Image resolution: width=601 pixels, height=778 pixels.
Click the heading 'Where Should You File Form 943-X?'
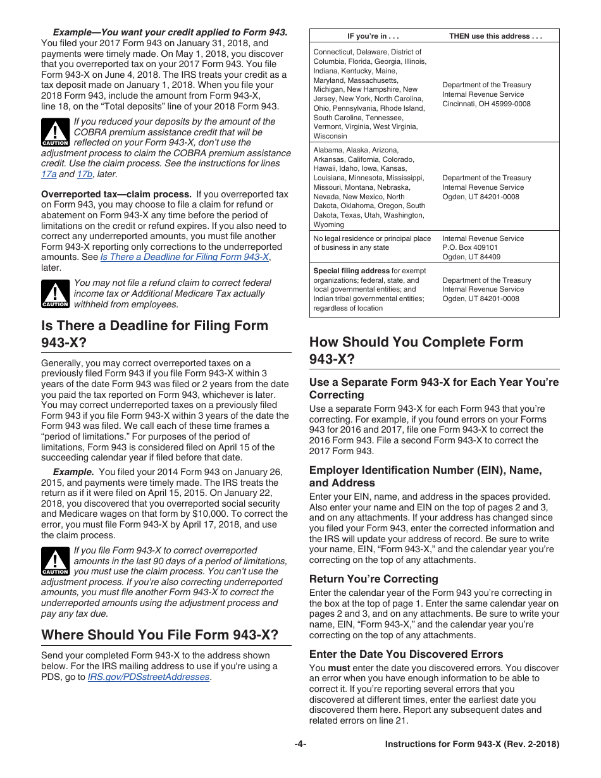[159, 634]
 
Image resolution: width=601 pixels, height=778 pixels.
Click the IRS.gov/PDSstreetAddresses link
[148, 677]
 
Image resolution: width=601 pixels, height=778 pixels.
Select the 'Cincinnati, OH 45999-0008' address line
[486, 104]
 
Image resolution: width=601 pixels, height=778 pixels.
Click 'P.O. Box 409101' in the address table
[469, 248]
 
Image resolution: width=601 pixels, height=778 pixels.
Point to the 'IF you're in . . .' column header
[373, 36]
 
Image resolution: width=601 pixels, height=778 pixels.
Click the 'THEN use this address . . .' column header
[495, 36]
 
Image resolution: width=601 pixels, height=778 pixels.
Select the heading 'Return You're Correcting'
[373, 579]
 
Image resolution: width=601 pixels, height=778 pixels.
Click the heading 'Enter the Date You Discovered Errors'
[406, 654]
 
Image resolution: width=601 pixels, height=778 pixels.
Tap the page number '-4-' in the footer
[300, 744]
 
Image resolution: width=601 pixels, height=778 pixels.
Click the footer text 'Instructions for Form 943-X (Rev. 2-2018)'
[472, 744]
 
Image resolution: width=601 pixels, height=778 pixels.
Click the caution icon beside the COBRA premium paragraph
[55, 133]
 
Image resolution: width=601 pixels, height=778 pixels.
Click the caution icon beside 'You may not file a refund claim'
[55, 294]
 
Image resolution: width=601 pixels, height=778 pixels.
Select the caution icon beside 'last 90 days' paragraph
[55, 562]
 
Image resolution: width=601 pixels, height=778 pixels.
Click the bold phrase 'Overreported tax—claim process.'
[116, 194]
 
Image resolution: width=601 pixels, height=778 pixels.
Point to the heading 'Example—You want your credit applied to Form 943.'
[170, 32]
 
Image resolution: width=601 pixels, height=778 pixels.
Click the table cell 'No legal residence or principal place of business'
[372, 243]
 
